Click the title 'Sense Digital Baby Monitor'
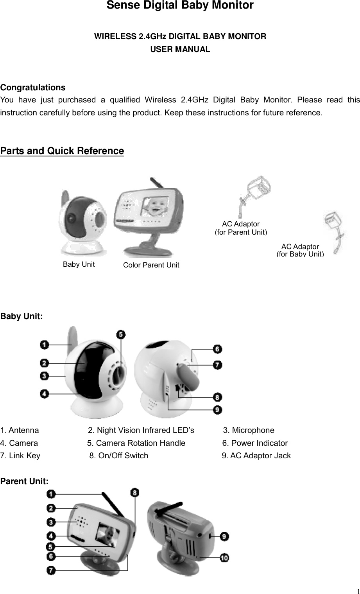(x=180, y=6)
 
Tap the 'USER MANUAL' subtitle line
(x=180, y=50)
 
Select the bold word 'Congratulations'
(x=33, y=87)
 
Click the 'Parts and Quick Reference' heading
(x=62, y=151)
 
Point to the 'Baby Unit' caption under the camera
(x=79, y=264)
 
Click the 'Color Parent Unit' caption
(x=151, y=265)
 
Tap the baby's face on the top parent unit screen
(x=152, y=210)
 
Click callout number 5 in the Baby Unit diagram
(x=121, y=334)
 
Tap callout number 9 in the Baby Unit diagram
(x=218, y=410)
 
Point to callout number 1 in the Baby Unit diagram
(x=45, y=345)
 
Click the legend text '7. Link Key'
(x=20, y=456)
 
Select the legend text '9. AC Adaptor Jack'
(x=256, y=456)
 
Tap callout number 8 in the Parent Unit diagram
(x=134, y=493)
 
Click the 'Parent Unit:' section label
(x=25, y=481)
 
